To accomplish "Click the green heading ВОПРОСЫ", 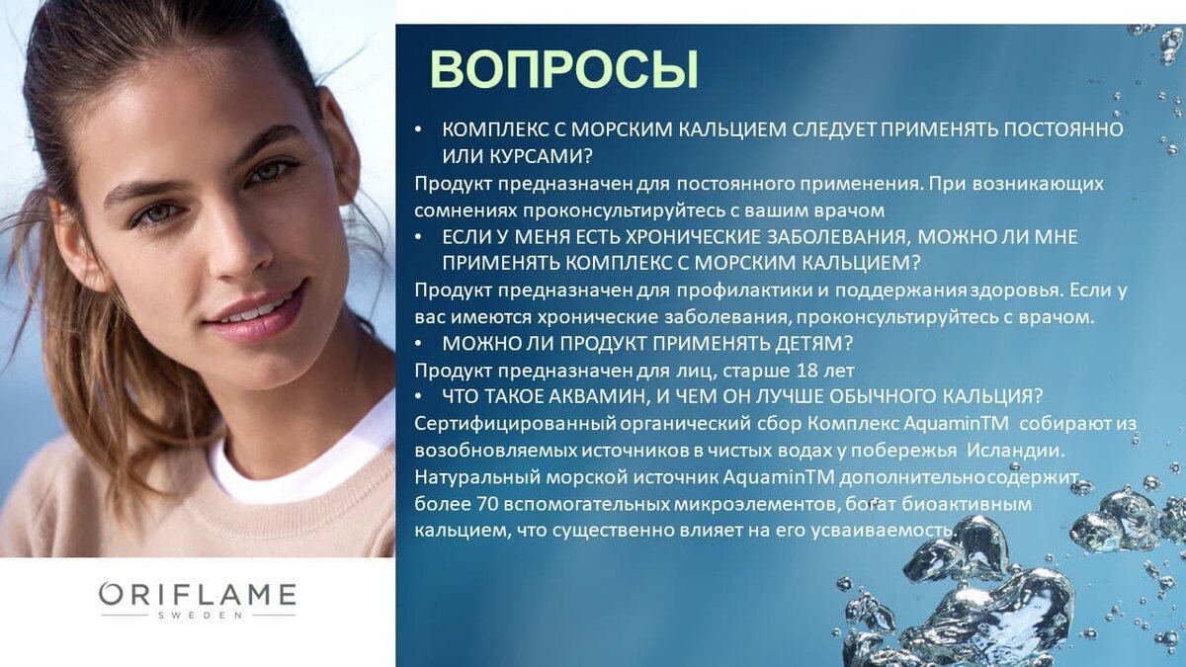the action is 564,69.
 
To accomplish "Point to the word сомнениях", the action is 466,210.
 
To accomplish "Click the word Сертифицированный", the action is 516,424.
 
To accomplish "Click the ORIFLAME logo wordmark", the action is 197,595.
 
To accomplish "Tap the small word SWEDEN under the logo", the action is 200,616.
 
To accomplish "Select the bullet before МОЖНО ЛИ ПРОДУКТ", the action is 418,344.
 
